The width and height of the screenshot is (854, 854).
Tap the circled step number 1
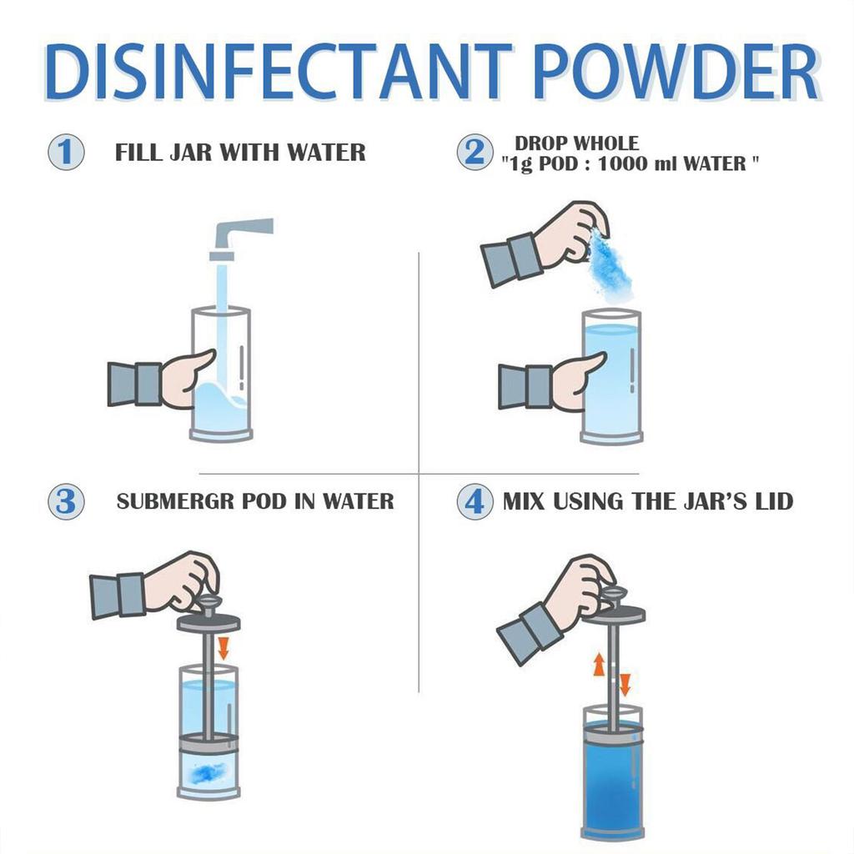point(65,153)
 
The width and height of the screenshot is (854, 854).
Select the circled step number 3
point(65,501)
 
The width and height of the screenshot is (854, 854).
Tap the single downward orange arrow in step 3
point(223,647)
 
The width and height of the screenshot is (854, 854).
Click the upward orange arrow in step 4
point(599,665)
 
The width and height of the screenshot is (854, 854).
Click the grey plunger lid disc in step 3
point(208,621)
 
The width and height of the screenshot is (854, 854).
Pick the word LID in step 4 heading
point(771,501)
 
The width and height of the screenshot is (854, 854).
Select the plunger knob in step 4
point(613,594)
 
